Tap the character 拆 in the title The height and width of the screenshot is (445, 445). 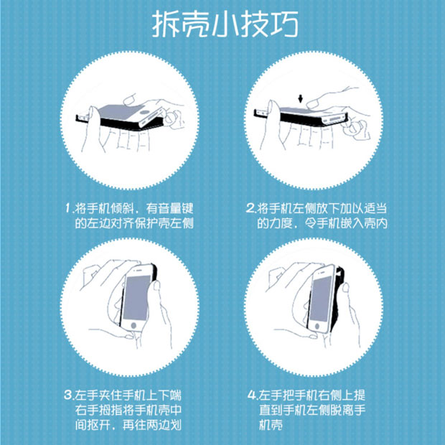click(x=167, y=25)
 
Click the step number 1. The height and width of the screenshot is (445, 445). click(x=67, y=209)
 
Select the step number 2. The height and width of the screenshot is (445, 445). click(x=250, y=209)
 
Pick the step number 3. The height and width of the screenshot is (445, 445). click(x=67, y=395)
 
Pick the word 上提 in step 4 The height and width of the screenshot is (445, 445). click(x=368, y=395)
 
